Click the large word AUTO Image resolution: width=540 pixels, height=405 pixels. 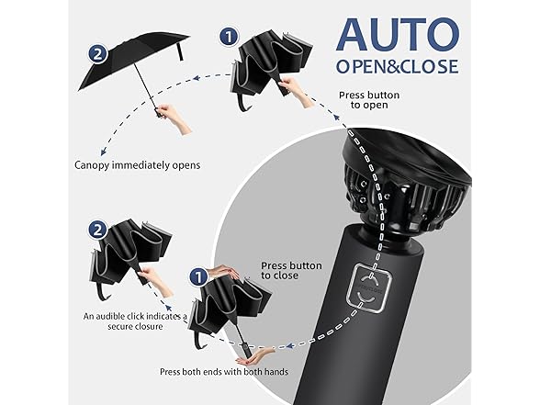(398, 35)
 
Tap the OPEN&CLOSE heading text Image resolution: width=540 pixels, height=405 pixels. (398, 66)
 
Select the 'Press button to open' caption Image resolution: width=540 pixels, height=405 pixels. (369, 100)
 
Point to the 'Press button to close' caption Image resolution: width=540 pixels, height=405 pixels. (291, 270)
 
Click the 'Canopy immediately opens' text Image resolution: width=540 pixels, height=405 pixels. (138, 165)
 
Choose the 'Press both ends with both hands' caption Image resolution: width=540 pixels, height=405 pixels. (224, 372)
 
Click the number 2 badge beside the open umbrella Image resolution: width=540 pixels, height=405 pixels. (97, 54)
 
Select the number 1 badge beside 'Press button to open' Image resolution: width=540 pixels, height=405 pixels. (229, 37)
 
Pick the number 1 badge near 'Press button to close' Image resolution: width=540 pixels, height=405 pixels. (198, 277)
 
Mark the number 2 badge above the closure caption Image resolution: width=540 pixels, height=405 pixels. (98, 230)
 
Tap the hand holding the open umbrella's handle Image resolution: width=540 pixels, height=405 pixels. (174, 118)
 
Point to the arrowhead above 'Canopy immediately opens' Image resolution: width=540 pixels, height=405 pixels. (103, 152)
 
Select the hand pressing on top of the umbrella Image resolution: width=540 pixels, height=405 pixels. (224, 272)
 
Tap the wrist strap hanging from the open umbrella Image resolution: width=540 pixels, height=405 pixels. (179, 51)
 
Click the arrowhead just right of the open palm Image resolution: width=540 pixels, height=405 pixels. (290, 345)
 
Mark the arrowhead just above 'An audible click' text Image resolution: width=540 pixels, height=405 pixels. (168, 307)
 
